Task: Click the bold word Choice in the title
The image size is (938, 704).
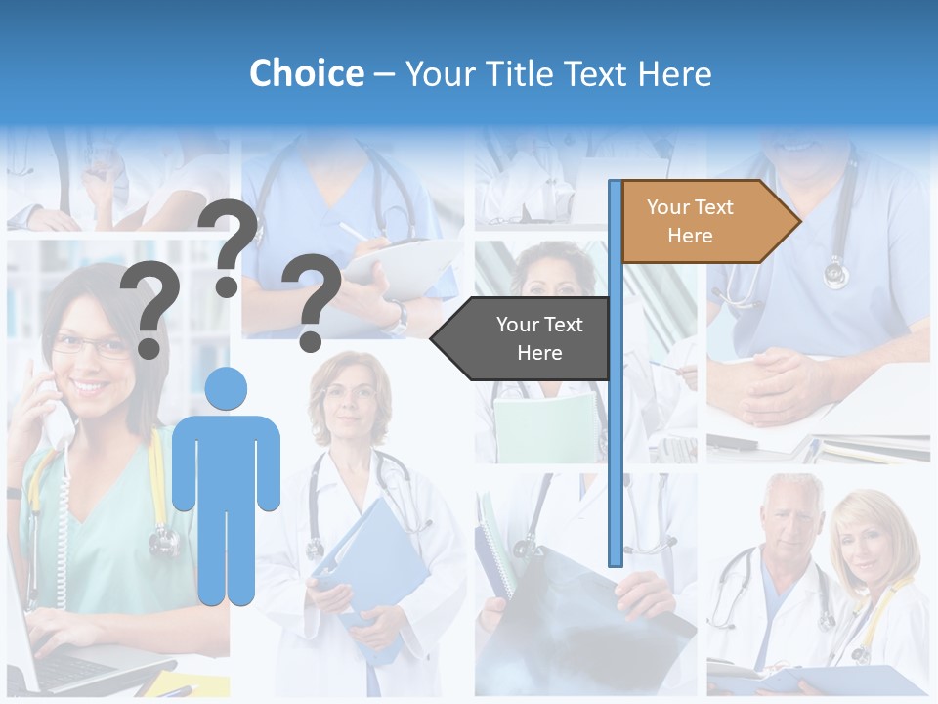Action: (x=306, y=74)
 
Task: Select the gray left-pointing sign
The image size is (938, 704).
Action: (x=523, y=338)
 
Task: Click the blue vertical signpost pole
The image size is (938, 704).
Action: (x=615, y=391)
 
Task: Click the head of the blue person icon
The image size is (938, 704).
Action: (x=226, y=389)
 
